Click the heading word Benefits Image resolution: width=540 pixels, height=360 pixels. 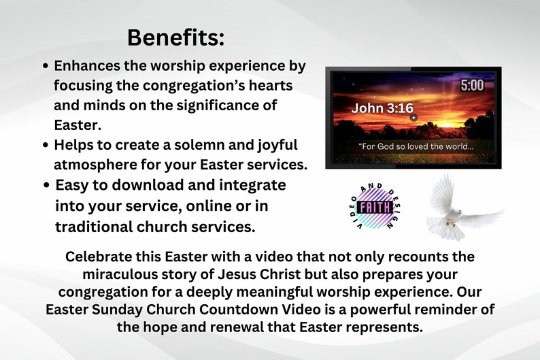[175, 37]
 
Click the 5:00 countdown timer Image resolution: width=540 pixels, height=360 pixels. [471, 86]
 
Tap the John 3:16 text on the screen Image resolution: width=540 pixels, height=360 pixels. [382, 108]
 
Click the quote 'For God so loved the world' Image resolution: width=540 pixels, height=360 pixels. [415, 147]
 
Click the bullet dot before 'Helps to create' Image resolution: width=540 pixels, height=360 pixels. [45, 145]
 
